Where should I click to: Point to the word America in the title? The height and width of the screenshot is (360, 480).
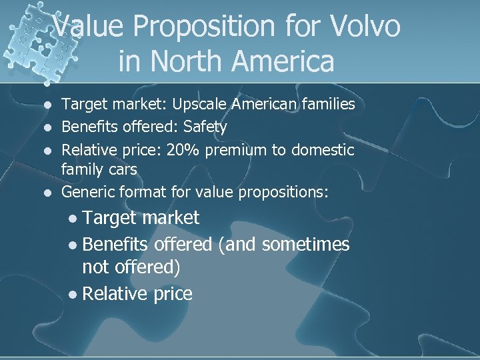coord(292,61)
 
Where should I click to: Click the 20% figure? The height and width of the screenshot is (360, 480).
coord(184,150)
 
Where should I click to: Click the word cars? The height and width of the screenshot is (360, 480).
coord(121,170)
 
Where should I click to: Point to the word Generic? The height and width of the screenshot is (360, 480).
coord(87,193)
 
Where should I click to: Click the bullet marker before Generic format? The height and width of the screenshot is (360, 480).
coord(46,193)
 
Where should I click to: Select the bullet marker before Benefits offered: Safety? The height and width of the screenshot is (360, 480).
coord(46,127)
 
